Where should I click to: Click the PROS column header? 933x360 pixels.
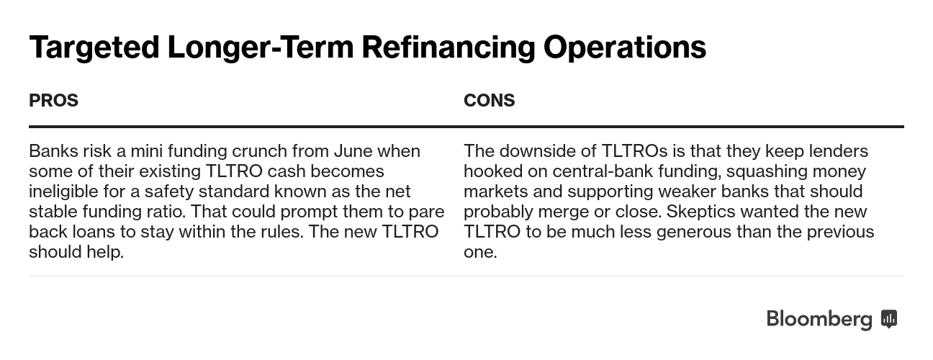point(54,100)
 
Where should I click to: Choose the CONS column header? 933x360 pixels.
point(490,100)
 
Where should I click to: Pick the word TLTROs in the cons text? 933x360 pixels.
point(634,150)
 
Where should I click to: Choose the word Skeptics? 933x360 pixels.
point(701,212)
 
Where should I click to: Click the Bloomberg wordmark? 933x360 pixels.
point(819,320)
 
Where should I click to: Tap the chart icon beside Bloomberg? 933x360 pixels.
point(889,319)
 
